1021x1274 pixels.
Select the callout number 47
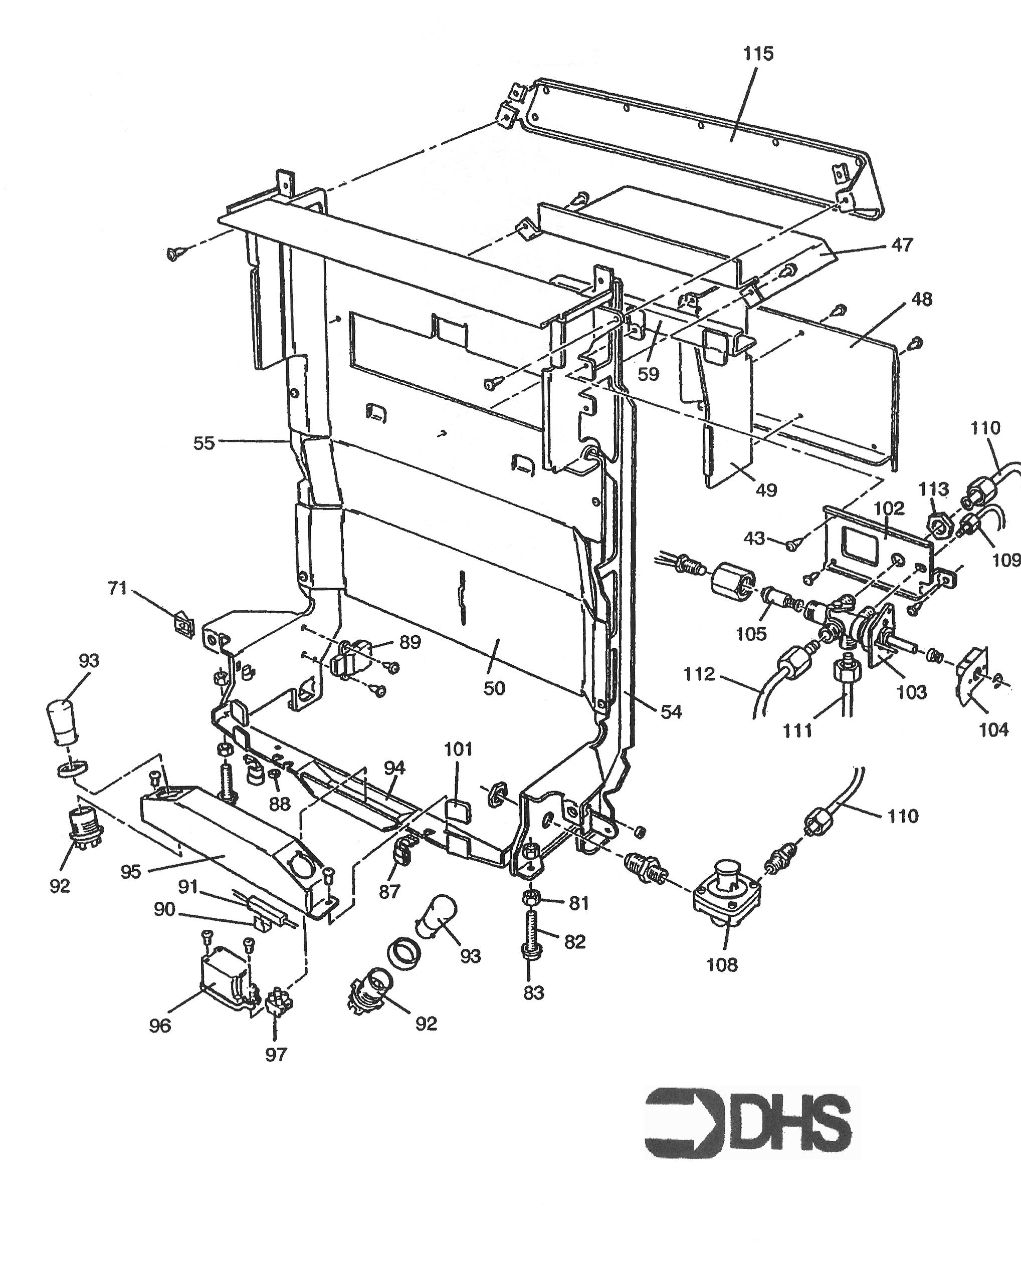[x=902, y=244]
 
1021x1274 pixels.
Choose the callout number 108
[x=722, y=965]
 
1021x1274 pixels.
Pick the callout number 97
[x=276, y=1054]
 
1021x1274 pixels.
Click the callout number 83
[x=533, y=993]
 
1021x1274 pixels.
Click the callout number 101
[x=458, y=749]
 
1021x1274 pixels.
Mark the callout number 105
[x=751, y=634]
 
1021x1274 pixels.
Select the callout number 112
[x=699, y=674]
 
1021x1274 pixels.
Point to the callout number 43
[x=754, y=539]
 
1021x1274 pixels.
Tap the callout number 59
[x=649, y=374]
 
